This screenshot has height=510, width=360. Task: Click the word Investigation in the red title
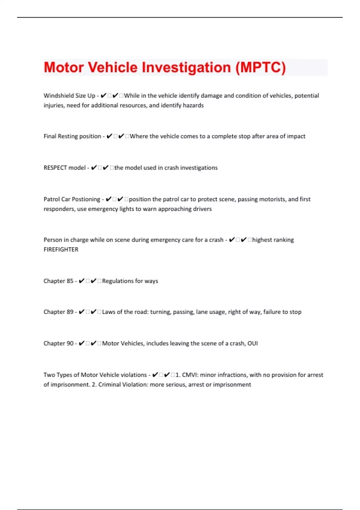pyautogui.click(x=186, y=67)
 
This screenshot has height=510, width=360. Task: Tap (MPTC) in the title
pyautogui.click(x=260, y=67)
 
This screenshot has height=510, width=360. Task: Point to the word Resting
pyautogui.click(x=67, y=136)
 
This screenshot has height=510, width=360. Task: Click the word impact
pyautogui.click(x=296, y=136)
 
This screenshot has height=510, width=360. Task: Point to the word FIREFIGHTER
pyautogui.click(x=61, y=250)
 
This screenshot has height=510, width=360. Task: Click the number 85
pyautogui.click(x=70, y=281)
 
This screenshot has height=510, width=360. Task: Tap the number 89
pyautogui.click(x=70, y=312)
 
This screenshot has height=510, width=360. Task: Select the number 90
pyautogui.click(x=70, y=343)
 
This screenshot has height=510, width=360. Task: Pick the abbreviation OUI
pyautogui.click(x=252, y=343)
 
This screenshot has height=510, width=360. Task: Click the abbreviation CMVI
pyautogui.click(x=189, y=375)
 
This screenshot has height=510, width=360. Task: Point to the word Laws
pyautogui.click(x=108, y=312)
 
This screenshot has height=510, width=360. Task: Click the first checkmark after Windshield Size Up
pyautogui.click(x=103, y=96)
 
